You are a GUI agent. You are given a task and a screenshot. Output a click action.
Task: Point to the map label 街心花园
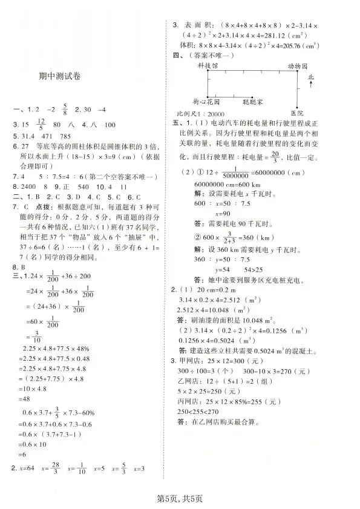pyautogui.click(x=207, y=103)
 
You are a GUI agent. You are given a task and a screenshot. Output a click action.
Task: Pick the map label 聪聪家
pyautogui.click(x=252, y=103)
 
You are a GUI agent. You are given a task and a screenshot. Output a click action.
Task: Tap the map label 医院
pyautogui.click(x=296, y=113)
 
